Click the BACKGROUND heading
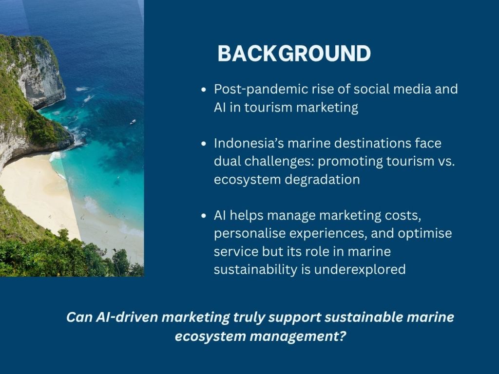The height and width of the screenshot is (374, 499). point(294,53)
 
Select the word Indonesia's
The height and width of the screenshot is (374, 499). point(249,143)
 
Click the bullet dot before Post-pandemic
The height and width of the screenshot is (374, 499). point(204,90)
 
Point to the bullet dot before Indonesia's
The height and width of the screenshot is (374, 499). point(204,144)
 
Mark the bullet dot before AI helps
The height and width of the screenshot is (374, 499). point(204,216)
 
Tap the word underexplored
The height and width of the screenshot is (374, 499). point(360,270)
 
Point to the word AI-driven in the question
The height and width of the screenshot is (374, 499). point(127,317)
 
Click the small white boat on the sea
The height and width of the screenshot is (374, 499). point(133,121)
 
